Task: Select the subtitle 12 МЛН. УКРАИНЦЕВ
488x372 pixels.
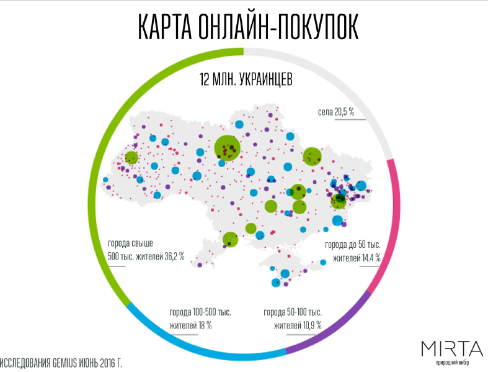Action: point(246,80)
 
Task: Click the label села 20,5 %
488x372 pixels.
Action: point(335,112)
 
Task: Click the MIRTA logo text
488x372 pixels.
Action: point(451,348)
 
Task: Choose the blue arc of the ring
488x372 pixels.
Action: point(205,346)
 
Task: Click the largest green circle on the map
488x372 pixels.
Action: point(227,148)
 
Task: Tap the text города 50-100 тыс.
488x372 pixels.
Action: point(292,312)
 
